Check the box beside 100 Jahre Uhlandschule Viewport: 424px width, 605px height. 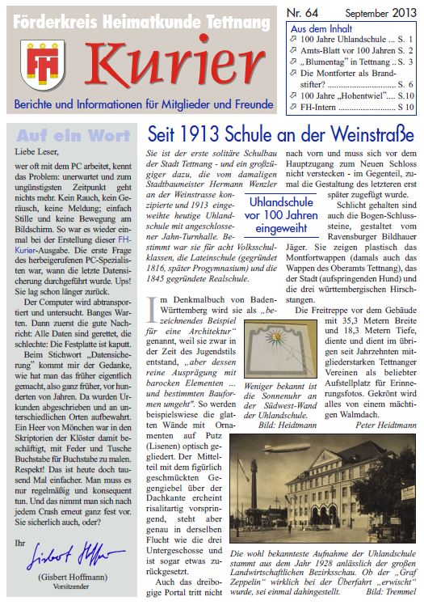coord(293,40)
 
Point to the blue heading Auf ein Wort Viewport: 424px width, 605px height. coord(70,134)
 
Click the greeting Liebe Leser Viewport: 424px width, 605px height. coord(37,150)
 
